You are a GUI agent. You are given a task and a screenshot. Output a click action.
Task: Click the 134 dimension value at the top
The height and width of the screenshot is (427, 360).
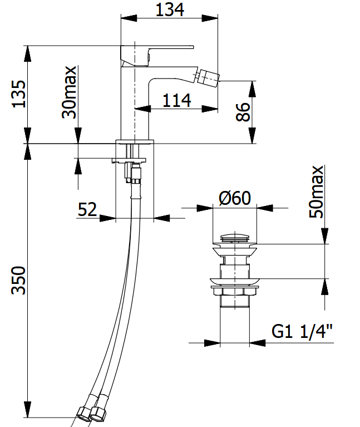click(x=170, y=9)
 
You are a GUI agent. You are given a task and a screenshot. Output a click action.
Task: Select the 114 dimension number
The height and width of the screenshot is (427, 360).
click(x=176, y=100)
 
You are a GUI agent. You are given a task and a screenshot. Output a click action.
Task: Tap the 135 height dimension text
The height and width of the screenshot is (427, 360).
click(x=19, y=94)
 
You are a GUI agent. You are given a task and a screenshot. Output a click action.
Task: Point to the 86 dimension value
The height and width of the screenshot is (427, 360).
click(x=243, y=112)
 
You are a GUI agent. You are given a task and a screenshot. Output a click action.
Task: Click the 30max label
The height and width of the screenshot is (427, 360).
click(x=69, y=92)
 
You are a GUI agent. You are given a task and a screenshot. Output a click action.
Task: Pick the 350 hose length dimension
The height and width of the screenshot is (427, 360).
click(x=18, y=280)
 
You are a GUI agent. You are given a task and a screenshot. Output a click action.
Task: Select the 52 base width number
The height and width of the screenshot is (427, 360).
click(x=87, y=209)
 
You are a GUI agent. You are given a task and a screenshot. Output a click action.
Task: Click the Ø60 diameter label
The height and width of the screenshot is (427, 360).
click(x=235, y=198)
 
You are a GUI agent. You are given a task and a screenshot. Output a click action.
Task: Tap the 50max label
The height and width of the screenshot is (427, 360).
click(x=316, y=192)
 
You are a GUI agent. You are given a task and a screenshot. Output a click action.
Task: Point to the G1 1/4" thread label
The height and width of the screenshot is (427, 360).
click(x=302, y=331)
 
